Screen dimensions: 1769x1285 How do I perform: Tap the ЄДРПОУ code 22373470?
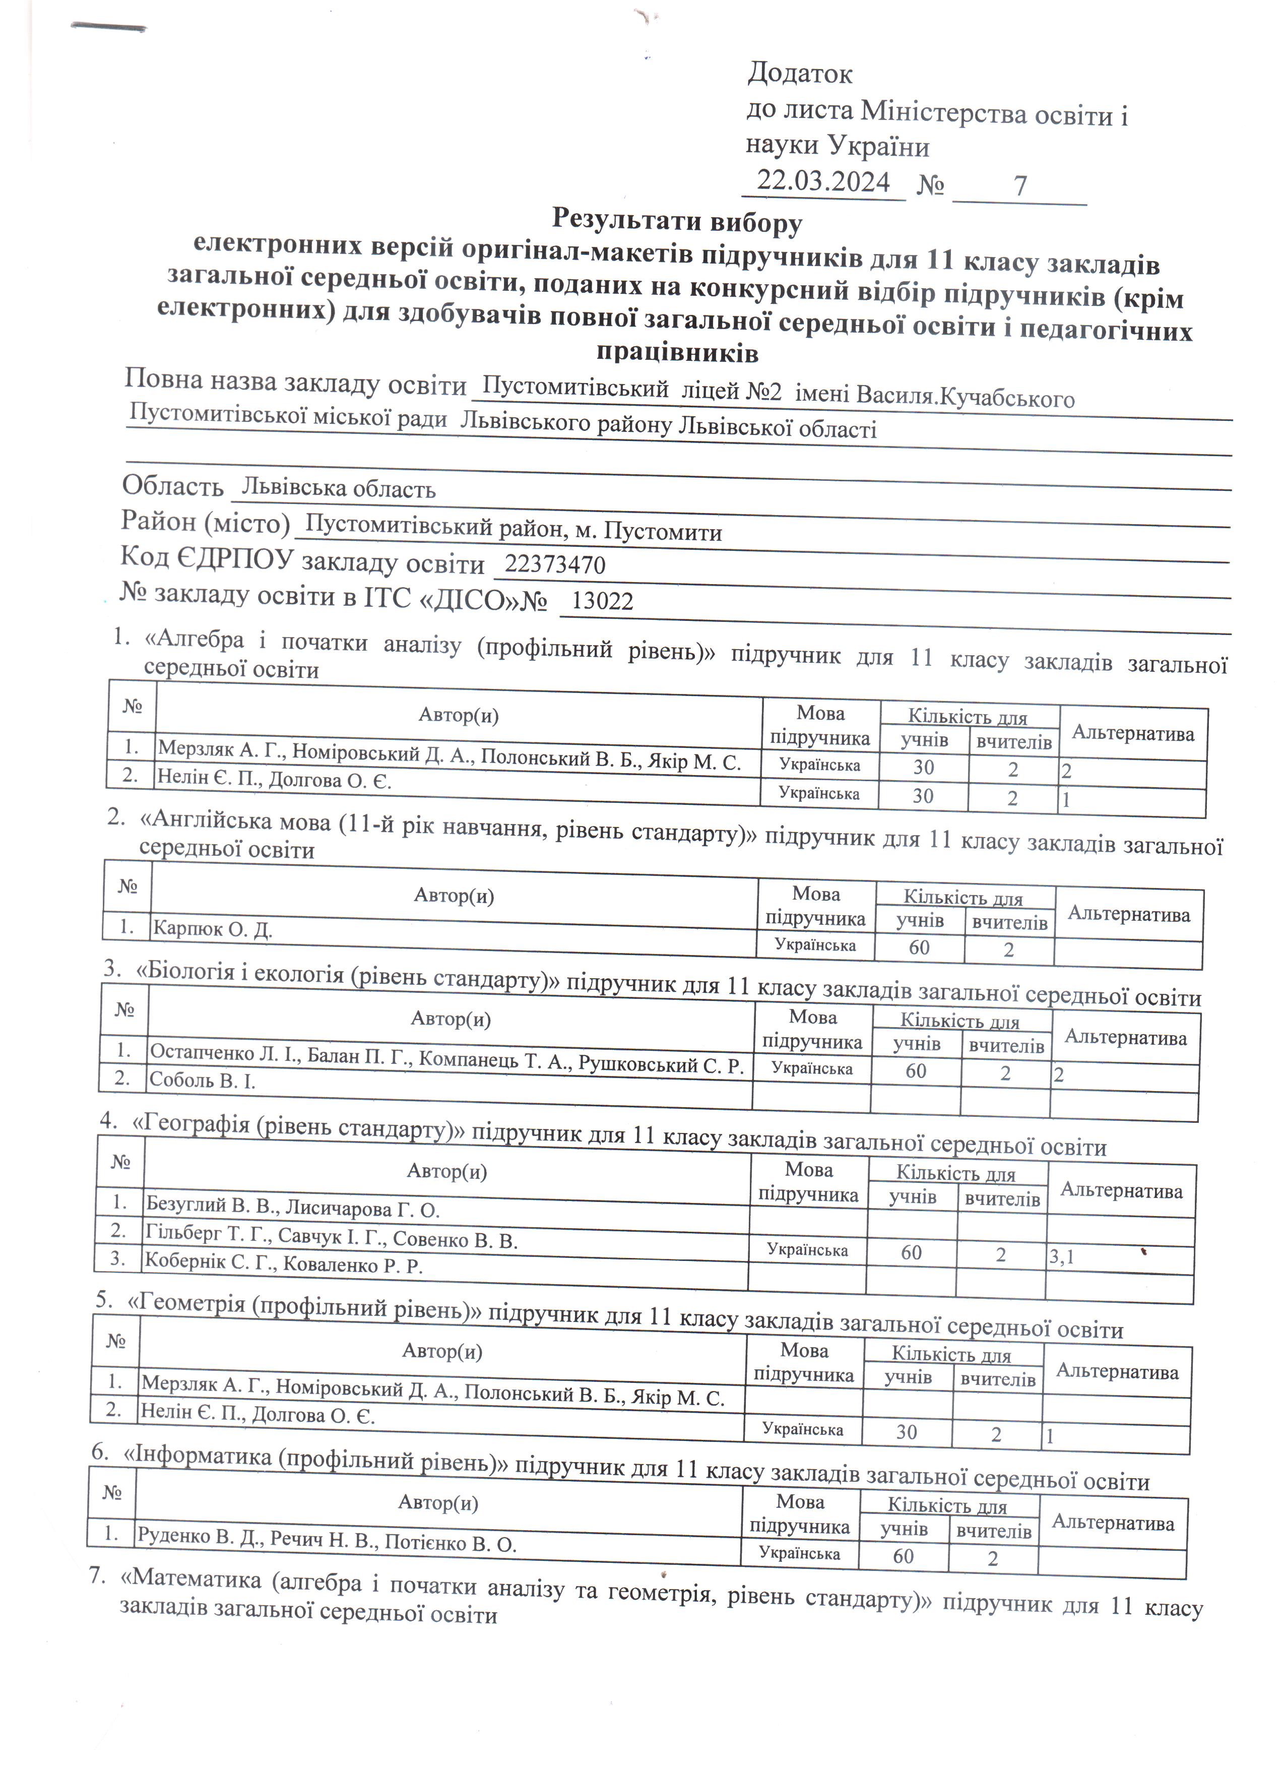click(x=554, y=564)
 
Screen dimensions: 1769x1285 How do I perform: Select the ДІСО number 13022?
click(x=602, y=601)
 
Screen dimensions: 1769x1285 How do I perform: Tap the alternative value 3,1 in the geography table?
click(x=1061, y=1256)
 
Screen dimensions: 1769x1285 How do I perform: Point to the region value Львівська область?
click(x=338, y=489)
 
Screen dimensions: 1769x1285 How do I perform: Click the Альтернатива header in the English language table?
click(x=1128, y=914)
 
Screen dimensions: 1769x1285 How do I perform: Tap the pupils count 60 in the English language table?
click(x=919, y=947)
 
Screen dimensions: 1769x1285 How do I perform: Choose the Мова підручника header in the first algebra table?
click(x=820, y=725)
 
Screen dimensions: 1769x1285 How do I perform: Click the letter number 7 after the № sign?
click(x=1020, y=185)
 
